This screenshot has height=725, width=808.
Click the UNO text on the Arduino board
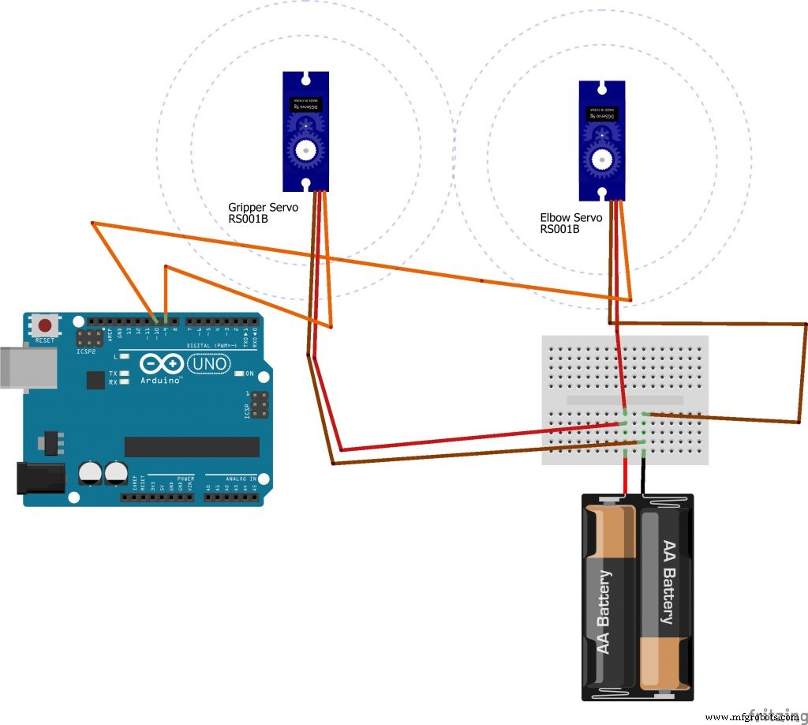(209, 364)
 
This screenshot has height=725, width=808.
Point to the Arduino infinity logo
(162, 364)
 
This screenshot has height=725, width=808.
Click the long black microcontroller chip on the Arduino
(192, 447)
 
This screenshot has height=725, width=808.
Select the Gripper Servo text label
(263, 208)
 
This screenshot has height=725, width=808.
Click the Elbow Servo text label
(570, 217)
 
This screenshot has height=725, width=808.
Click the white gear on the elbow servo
(600, 159)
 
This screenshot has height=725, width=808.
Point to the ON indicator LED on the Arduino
(240, 374)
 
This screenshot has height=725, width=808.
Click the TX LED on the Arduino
(124, 373)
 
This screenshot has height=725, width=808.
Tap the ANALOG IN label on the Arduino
(242, 479)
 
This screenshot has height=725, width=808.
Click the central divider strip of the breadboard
(625, 400)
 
